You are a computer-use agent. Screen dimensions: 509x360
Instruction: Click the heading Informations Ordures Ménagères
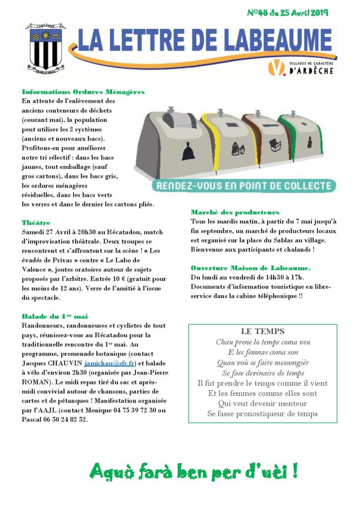tap(83, 91)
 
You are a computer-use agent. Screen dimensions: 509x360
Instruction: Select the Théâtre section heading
tap(36, 222)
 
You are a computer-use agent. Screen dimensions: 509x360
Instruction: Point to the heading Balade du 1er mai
tap(55, 316)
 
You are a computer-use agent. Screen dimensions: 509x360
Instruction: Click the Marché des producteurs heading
tap(235, 212)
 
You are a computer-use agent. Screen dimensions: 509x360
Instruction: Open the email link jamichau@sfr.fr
tap(109, 363)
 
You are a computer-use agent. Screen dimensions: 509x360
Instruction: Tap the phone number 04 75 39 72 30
tap(130, 410)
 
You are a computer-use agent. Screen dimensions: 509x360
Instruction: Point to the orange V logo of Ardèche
tap(274, 68)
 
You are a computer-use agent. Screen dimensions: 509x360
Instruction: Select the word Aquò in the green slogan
tap(112, 471)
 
